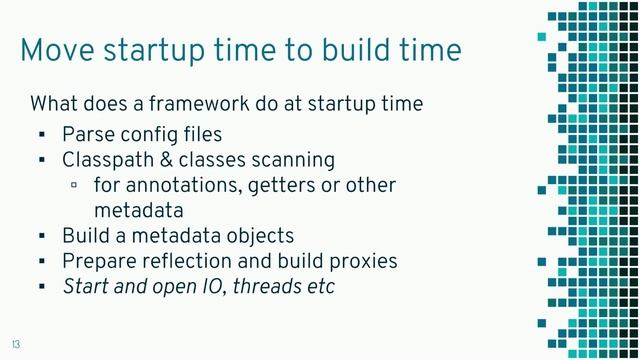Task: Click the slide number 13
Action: click(x=16, y=343)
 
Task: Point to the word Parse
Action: click(x=86, y=134)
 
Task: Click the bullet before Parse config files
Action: click(x=42, y=135)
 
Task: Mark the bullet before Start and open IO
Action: click(x=42, y=288)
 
